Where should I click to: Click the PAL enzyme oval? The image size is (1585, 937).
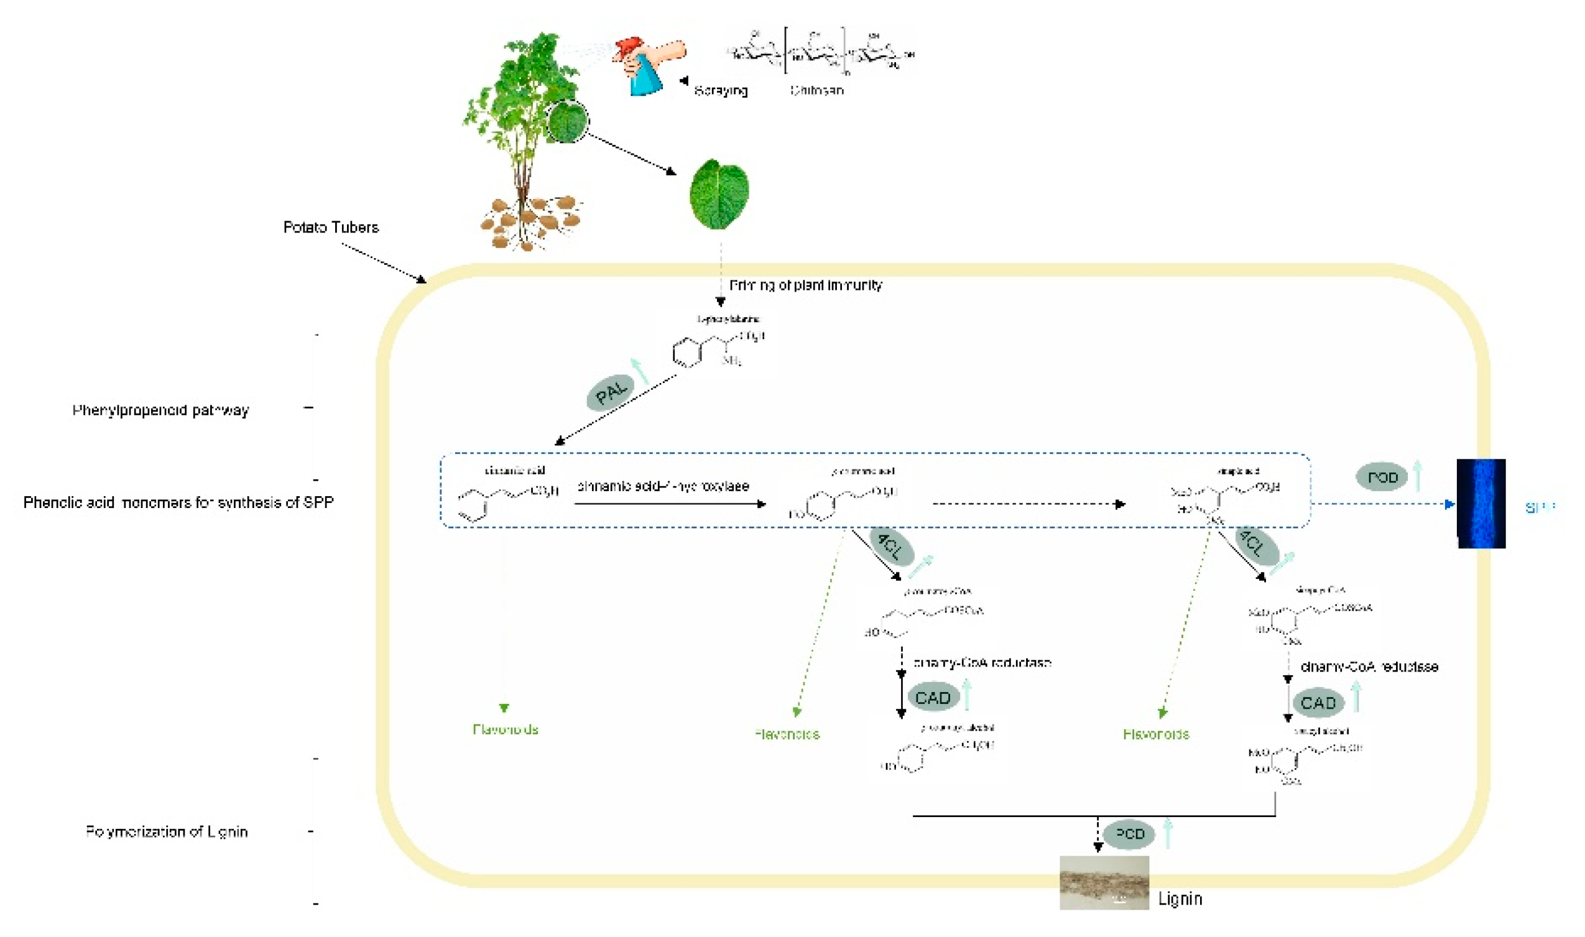[610, 393]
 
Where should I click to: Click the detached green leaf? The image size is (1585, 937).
[719, 194]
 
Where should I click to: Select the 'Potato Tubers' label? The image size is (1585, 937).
[331, 228]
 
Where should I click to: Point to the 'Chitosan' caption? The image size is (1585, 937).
[816, 90]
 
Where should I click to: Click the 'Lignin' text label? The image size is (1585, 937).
[1180, 898]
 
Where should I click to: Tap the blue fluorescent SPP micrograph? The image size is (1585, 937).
[1481, 503]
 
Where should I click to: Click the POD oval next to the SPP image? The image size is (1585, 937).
[1382, 478]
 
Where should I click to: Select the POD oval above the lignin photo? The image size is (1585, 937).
[1130, 834]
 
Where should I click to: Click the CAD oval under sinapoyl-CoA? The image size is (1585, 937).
[1318, 703]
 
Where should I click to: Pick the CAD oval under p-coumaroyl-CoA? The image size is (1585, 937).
[933, 698]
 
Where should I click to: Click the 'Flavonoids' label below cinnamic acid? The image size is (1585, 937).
[505, 729]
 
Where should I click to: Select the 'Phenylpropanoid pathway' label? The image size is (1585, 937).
[160, 410]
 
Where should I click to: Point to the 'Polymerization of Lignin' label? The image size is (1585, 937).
[167, 831]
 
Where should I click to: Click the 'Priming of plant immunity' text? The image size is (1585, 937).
[805, 285]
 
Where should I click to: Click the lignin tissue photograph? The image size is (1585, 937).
[1104, 882]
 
